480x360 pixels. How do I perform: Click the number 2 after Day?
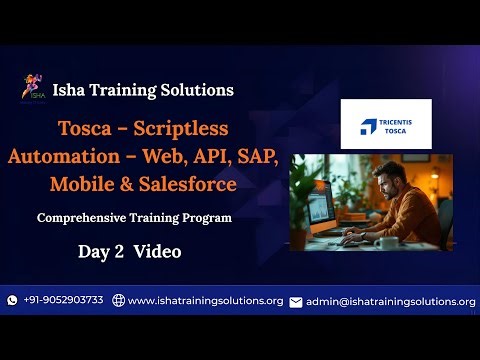(x=119, y=252)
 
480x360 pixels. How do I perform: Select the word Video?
(x=157, y=252)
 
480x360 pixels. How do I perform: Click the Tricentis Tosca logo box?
(x=386, y=124)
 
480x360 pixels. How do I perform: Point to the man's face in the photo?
(x=390, y=186)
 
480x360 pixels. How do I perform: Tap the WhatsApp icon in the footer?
(x=12, y=300)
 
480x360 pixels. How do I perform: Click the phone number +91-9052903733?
(x=63, y=300)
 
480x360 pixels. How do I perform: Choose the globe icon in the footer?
(x=118, y=300)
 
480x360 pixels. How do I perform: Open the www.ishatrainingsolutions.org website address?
(x=205, y=300)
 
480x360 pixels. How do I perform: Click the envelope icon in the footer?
(x=295, y=301)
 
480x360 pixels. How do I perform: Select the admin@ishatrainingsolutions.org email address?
(x=390, y=301)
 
